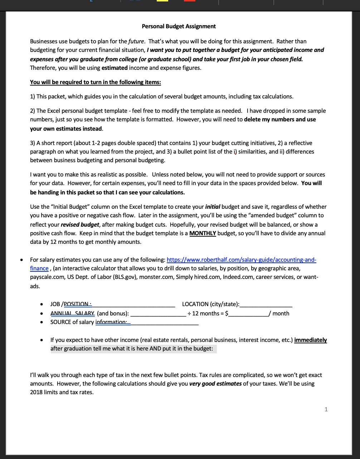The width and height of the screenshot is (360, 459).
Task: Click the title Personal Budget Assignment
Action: click(179, 26)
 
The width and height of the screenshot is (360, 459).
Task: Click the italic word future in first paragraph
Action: click(136, 42)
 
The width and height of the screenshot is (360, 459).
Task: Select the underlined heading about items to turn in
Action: click(95, 82)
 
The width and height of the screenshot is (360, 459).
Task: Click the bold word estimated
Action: click(115, 68)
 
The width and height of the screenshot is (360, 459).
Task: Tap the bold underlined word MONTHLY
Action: click(203, 233)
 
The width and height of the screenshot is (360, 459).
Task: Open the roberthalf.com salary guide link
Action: click(241, 260)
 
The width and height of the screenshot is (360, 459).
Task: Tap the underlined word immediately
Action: click(310, 340)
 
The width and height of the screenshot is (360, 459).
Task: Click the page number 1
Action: click(326, 409)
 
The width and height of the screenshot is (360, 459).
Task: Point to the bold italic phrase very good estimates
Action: click(215, 384)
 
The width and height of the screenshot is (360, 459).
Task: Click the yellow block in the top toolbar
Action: click(162, 1)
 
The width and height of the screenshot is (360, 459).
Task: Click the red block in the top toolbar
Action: click(190, 1)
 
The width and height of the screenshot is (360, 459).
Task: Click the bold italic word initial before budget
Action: click(213, 207)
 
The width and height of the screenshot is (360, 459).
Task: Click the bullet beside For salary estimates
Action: click(23, 260)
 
